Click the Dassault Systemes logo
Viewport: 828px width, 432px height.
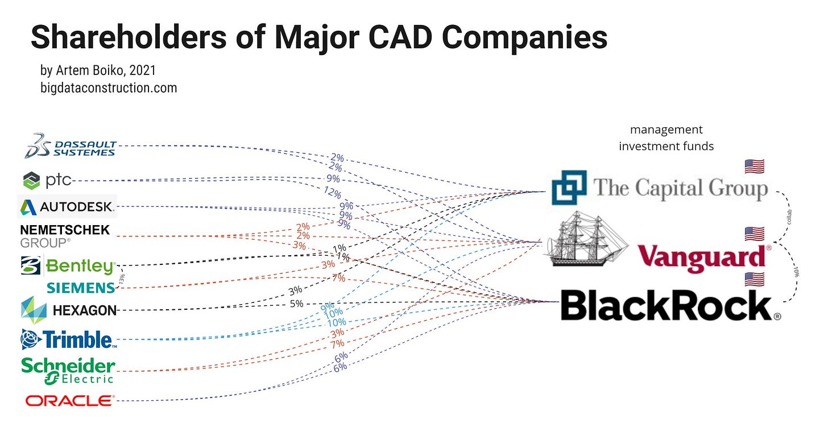[x=71, y=146]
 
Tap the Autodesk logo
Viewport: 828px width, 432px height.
[x=67, y=206]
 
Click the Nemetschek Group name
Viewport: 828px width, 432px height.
[x=65, y=236]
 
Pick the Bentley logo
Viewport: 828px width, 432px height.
[x=68, y=266]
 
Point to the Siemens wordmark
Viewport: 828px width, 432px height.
[x=81, y=288]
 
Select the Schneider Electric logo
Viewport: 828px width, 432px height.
[x=68, y=370]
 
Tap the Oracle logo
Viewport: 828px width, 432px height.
[x=69, y=401]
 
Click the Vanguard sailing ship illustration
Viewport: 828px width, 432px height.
[x=586, y=239]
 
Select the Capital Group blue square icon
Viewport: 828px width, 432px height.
[x=568, y=188]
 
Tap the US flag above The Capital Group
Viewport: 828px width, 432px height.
[x=754, y=167]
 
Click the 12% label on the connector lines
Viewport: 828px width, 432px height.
[x=332, y=191]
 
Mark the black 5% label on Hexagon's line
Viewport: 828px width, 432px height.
[x=296, y=304]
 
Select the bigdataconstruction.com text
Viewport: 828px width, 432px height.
[x=109, y=88]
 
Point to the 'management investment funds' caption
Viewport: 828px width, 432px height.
[x=666, y=138]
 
